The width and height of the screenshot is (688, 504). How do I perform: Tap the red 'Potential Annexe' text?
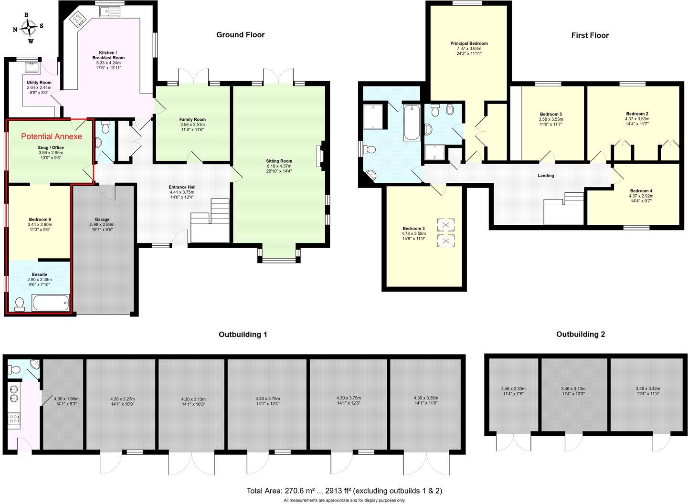tap(52, 136)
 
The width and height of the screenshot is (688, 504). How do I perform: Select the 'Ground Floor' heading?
tap(240, 35)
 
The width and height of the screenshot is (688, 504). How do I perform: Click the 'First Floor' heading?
tap(590, 35)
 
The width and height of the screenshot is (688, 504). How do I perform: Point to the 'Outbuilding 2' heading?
tap(580, 334)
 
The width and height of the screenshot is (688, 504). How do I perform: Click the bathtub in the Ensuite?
tap(51, 303)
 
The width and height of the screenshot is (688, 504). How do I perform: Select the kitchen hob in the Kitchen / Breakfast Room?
tap(76, 19)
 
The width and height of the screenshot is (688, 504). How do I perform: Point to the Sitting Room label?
tap(279, 161)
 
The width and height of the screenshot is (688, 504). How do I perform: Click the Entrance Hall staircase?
tap(210, 221)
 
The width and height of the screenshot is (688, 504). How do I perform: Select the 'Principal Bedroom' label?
tap(469, 43)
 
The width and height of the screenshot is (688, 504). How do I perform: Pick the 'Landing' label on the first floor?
tap(546, 176)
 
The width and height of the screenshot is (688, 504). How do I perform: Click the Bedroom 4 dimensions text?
tap(640, 198)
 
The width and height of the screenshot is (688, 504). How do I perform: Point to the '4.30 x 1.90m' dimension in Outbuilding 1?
tap(66, 399)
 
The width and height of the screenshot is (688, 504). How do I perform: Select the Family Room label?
tap(192, 120)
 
